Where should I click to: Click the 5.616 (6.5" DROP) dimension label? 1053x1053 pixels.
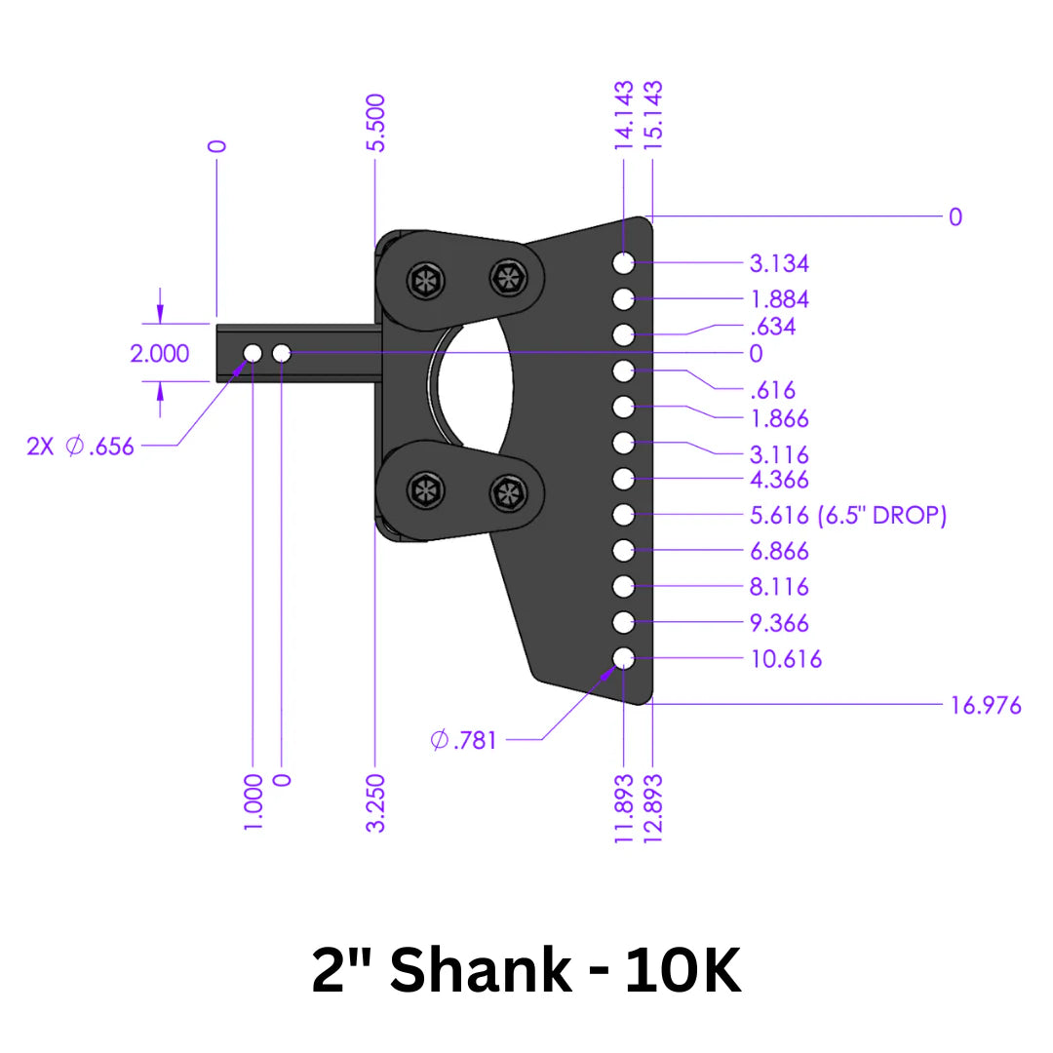848,516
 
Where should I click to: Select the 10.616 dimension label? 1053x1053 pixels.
786,659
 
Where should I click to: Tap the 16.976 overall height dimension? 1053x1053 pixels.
986,705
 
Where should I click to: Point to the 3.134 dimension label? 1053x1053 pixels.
779,263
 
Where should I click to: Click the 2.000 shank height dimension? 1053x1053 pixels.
160,353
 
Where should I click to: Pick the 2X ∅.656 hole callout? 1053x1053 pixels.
81,448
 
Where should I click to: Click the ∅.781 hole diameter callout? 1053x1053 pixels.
464,740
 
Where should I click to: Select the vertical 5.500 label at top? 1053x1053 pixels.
376,122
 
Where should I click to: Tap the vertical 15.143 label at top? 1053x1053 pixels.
652,114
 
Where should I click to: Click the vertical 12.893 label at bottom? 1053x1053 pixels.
652,808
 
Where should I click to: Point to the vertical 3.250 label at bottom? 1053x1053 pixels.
376,802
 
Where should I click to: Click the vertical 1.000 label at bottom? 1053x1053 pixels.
253,802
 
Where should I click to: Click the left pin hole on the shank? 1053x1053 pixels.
253,352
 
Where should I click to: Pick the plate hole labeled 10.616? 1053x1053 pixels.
624,658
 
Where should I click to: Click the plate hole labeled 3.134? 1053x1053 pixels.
624,262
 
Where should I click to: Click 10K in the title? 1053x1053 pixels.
682,971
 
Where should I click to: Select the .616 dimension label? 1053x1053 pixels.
772,390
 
